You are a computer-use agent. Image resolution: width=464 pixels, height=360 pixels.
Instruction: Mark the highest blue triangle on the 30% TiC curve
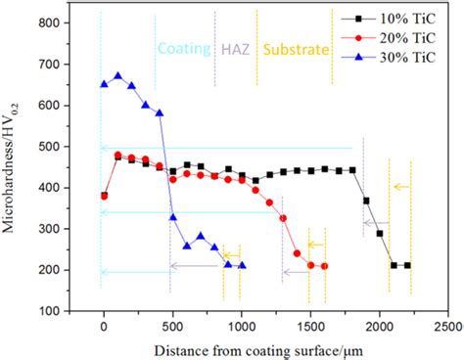tap(118, 76)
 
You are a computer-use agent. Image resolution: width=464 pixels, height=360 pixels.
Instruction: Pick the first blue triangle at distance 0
tap(104, 85)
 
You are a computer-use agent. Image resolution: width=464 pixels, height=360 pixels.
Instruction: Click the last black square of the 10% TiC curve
tap(407, 265)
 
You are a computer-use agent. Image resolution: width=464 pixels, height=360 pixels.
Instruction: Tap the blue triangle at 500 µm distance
tap(173, 217)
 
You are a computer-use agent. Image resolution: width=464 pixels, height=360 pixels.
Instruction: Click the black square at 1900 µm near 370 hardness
tap(366, 201)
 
